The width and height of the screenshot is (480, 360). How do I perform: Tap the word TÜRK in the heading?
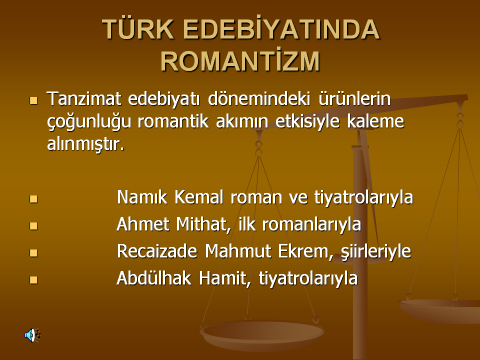click(138, 29)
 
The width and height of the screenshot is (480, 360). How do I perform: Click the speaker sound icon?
click(32, 335)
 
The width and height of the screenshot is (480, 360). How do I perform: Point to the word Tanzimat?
click(84, 98)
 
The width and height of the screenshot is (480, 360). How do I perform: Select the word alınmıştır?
click(85, 144)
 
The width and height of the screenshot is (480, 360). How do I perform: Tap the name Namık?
click(142, 197)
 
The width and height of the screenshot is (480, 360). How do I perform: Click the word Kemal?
click(199, 197)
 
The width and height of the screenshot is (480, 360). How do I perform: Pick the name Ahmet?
click(143, 224)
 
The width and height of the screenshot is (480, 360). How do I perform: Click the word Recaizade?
click(157, 251)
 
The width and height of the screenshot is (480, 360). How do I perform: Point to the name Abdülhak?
click(154, 278)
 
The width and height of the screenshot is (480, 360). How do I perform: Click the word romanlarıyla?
click(311, 224)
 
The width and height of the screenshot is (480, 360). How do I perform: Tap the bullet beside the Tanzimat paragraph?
click(33, 100)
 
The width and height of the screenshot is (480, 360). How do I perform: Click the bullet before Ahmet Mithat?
click(33, 226)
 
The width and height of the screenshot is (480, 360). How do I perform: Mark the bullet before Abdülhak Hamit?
click(33, 280)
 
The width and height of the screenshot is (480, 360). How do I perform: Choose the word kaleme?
click(375, 121)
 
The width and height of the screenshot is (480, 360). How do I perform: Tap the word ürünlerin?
click(354, 98)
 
